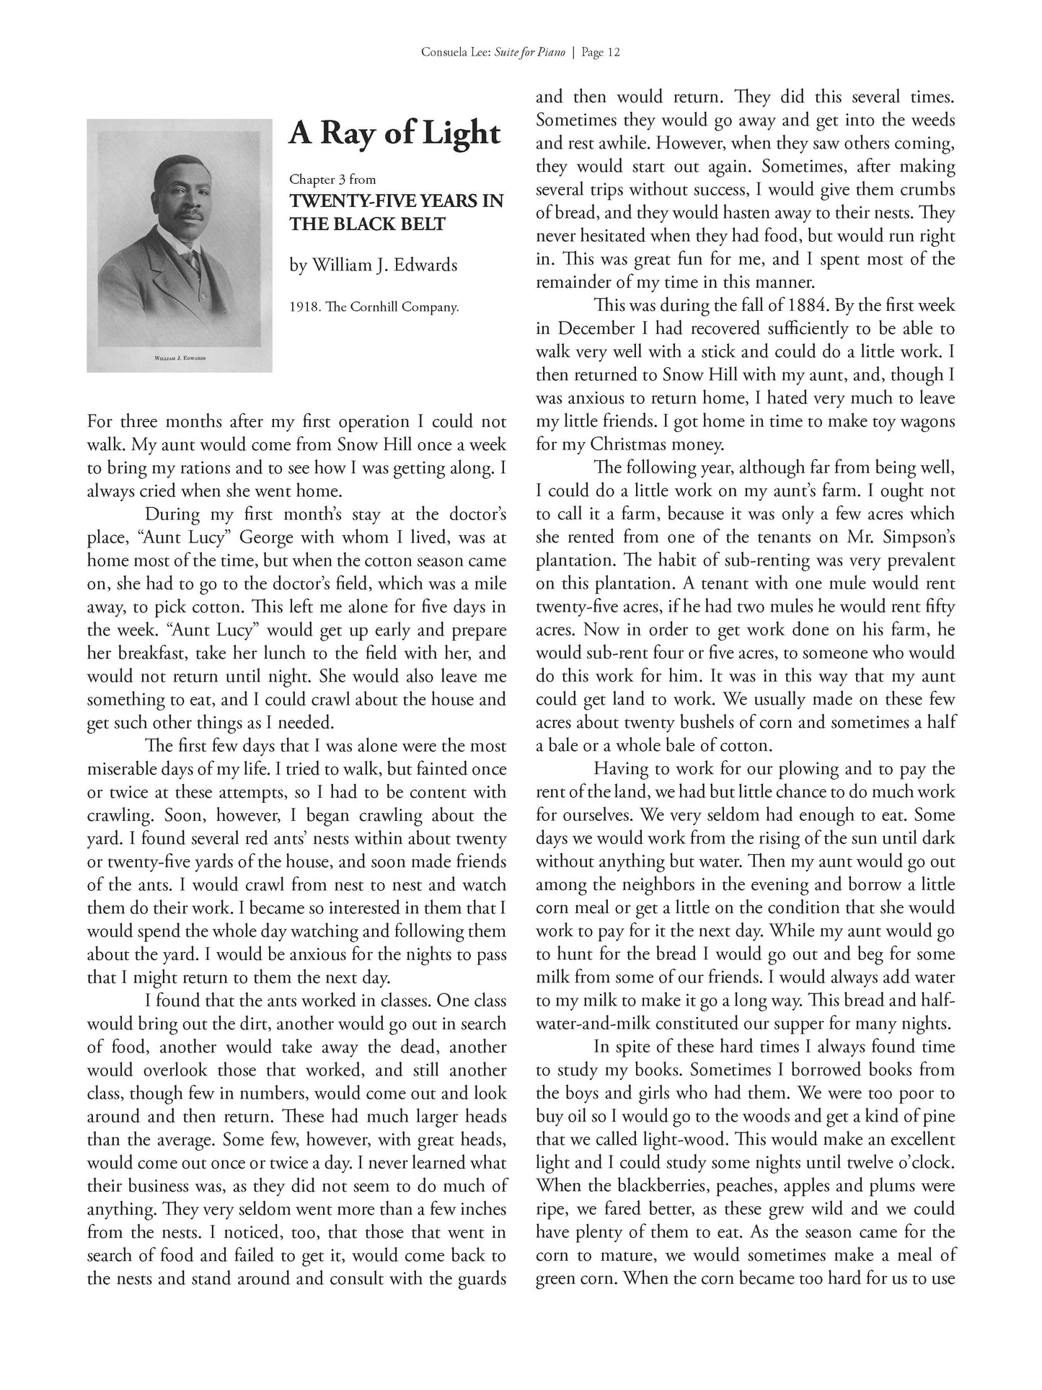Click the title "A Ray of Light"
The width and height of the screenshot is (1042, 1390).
pyautogui.click(x=394, y=134)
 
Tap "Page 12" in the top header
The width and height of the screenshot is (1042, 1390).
pyautogui.click(x=600, y=53)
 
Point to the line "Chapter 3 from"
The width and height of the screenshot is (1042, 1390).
pyautogui.click(x=332, y=179)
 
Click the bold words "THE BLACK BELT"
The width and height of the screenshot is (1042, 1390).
pyautogui.click(x=367, y=224)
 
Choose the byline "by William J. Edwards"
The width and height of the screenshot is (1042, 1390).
pyautogui.click(x=373, y=265)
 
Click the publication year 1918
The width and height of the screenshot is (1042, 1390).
pyautogui.click(x=304, y=307)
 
